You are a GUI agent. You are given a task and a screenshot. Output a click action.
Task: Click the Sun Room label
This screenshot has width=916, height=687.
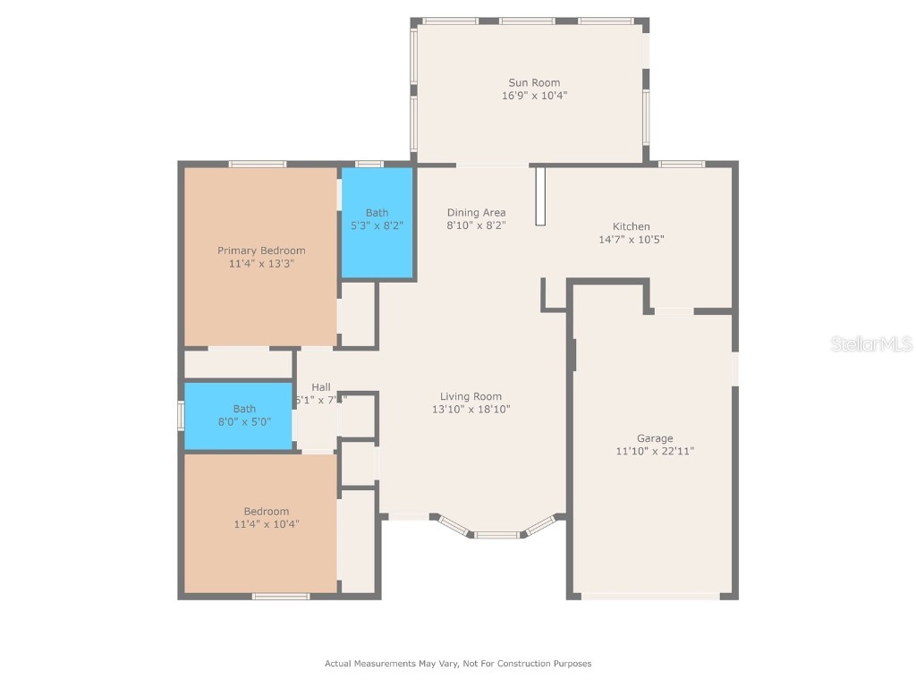534,83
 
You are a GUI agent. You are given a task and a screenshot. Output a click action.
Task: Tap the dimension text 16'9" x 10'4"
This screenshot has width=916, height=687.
534,95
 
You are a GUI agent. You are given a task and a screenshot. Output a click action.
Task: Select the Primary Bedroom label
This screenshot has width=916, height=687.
261,250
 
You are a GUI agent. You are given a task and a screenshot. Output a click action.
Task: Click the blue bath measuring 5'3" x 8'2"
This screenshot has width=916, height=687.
377,223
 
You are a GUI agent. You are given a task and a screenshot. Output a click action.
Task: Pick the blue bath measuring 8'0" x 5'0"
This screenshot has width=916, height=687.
238,415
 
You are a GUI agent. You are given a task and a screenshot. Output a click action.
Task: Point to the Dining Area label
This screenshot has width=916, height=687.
476,213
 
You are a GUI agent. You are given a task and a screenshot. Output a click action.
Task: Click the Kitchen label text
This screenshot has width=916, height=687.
631,226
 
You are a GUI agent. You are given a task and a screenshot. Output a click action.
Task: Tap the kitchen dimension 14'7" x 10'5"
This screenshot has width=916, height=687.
631,239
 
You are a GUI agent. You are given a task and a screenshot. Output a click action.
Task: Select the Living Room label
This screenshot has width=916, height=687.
471,396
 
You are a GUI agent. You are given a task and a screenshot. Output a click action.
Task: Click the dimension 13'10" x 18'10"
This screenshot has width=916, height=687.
471,409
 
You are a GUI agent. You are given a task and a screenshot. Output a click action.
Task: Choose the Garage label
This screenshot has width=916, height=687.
655,438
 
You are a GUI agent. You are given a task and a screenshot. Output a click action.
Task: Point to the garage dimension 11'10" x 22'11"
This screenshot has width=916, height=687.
655,451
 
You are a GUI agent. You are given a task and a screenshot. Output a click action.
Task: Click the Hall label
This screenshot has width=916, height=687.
320,387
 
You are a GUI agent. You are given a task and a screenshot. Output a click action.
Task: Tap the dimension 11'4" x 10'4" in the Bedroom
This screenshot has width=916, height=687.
267,524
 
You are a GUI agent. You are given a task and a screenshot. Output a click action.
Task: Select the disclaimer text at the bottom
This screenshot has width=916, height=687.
458,664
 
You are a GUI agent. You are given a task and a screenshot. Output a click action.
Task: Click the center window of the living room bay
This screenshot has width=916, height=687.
496,535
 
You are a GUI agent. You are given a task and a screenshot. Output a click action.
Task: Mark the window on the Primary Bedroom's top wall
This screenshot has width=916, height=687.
257,164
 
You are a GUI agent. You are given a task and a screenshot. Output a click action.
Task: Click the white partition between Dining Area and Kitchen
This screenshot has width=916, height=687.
539,195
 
